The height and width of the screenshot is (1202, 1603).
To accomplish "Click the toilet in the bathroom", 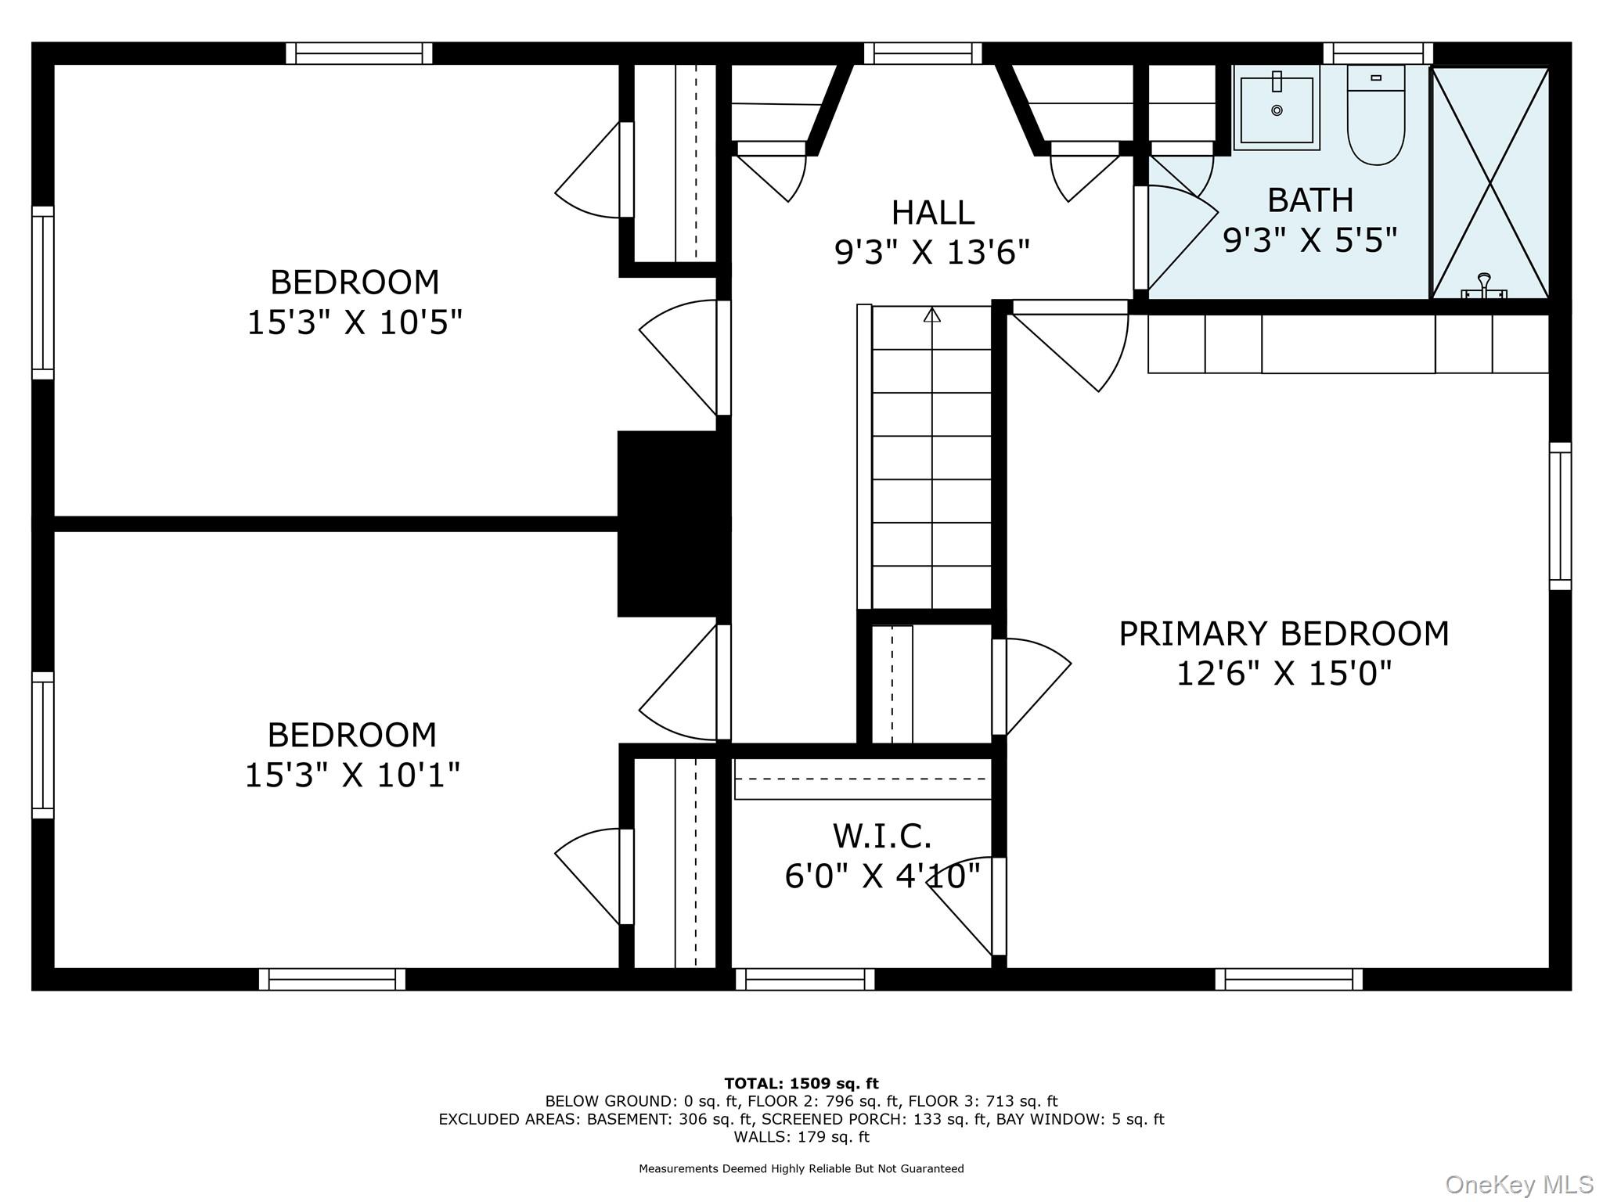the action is coord(1376,115).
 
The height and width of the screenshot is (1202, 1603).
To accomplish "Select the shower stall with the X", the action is coord(1490,182).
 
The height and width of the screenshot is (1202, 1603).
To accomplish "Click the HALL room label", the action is coord(933,212).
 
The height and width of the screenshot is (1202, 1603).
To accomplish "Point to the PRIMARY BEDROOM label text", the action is coord(1284,633).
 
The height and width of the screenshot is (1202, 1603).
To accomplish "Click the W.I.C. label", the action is coord(882,836).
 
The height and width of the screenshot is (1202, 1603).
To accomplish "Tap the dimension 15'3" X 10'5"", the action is coord(355,322).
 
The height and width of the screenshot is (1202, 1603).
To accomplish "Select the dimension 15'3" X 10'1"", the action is coord(352,775).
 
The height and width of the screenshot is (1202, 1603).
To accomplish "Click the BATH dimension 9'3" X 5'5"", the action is coord(1310,239).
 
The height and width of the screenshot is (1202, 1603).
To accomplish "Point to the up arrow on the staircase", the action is coord(931,315).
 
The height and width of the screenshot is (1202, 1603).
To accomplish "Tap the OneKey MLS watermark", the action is coord(1519,1184).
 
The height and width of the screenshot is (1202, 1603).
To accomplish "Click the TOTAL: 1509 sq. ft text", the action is coord(801,1084).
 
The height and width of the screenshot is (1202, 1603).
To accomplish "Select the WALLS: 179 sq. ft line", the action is coord(801,1137).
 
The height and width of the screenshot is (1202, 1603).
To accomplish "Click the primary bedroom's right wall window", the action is coord(1560,516).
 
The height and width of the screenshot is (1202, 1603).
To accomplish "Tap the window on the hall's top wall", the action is coord(923,53).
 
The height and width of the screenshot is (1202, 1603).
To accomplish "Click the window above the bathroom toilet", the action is coord(1378,53).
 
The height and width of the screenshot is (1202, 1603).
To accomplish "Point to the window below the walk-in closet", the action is coord(805,979).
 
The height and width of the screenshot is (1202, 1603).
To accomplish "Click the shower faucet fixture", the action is coord(1484,286).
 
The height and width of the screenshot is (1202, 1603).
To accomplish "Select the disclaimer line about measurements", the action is coord(801,1168).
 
